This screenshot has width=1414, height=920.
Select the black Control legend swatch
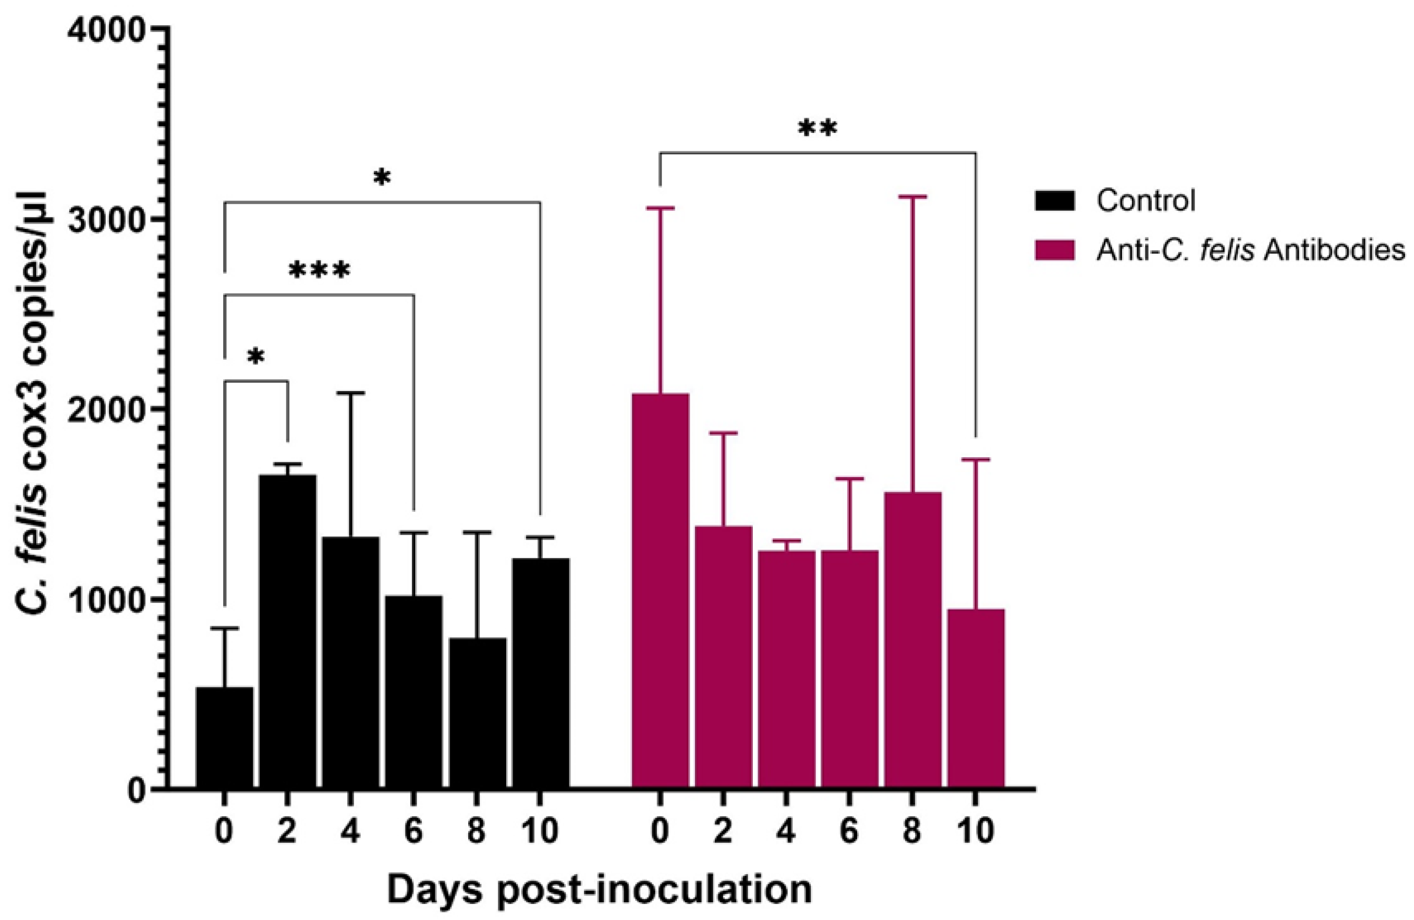point(1055,201)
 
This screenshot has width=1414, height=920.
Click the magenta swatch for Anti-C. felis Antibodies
point(1055,251)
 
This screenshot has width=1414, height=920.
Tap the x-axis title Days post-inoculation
point(600,890)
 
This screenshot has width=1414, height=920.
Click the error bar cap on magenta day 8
point(912,197)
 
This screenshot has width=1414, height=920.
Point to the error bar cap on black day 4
point(350,393)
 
